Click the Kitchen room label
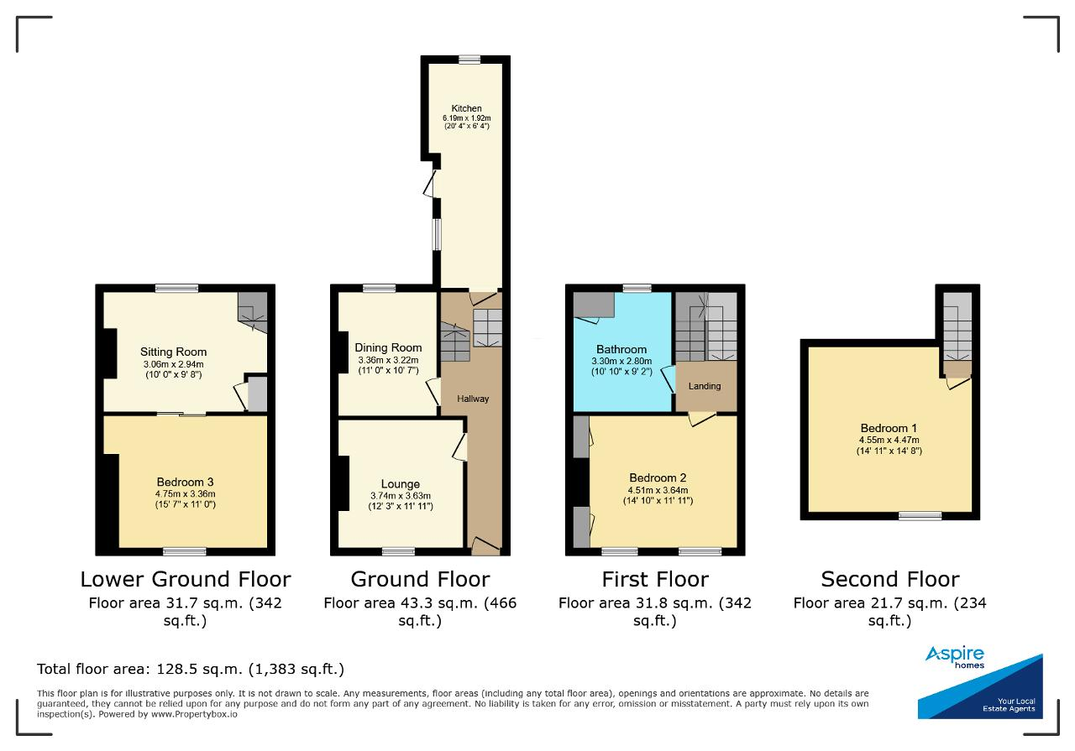pos(466,108)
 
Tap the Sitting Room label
pos(173,352)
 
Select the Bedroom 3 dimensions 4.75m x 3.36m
pos(186,493)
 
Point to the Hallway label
pos(473,399)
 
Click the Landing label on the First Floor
pos(705,386)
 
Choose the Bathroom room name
pos(621,349)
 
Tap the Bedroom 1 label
pos(889,428)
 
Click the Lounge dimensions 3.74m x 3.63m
pos(401,496)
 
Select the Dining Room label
pos(388,347)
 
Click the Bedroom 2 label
pos(658,477)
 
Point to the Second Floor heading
pos(890,579)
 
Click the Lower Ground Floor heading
pos(186,579)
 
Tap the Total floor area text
pos(191,669)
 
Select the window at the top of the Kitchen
pos(469,59)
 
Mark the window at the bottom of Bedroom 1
pos(920,516)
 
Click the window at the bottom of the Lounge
pos(398,552)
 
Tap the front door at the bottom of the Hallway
pos(485,547)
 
